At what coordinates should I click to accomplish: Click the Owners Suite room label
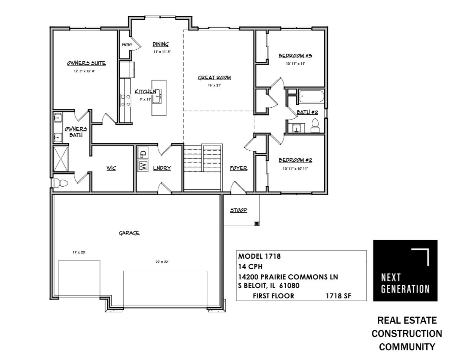(86, 63)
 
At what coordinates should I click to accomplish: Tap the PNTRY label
(127, 45)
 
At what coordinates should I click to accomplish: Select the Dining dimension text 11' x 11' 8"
(162, 52)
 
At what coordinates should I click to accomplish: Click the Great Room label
(214, 78)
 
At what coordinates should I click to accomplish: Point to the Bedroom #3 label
(295, 56)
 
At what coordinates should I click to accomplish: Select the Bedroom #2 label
(295, 160)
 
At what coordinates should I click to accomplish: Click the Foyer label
(238, 168)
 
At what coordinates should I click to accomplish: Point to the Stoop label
(238, 210)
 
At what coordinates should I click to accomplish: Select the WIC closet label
(111, 168)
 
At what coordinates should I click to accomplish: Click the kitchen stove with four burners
(125, 101)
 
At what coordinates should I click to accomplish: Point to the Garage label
(129, 233)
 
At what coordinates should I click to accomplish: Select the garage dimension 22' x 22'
(162, 262)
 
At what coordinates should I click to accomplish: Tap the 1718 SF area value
(338, 296)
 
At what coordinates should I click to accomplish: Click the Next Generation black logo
(405, 270)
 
